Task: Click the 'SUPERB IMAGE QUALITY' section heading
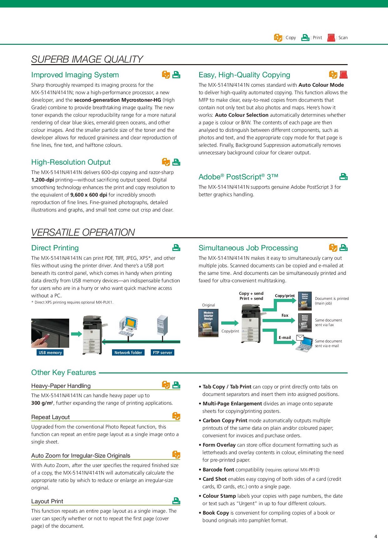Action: click(x=87, y=59)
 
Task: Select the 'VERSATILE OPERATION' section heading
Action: click(x=83, y=232)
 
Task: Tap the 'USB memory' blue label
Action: click(x=50, y=352)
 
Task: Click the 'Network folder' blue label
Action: click(x=128, y=352)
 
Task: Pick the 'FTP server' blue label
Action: click(x=162, y=352)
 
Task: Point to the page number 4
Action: click(x=376, y=536)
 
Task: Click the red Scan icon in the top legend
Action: click(x=331, y=38)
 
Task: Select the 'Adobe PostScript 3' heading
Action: click(x=238, y=177)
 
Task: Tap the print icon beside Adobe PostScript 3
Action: click(x=343, y=177)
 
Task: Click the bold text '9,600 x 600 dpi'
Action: click(x=89, y=195)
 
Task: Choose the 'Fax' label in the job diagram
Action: click(x=285, y=315)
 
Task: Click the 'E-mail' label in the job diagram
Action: click(x=285, y=338)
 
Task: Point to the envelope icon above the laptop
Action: click(x=300, y=337)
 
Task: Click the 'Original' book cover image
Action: click(x=208, y=323)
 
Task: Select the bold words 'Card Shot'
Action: click(x=214, y=479)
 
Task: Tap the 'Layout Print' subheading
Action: click(x=47, y=501)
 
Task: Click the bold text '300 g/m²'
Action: click(x=42, y=403)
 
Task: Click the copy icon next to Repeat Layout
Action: click(x=176, y=416)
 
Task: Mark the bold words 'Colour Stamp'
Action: click(x=219, y=496)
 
